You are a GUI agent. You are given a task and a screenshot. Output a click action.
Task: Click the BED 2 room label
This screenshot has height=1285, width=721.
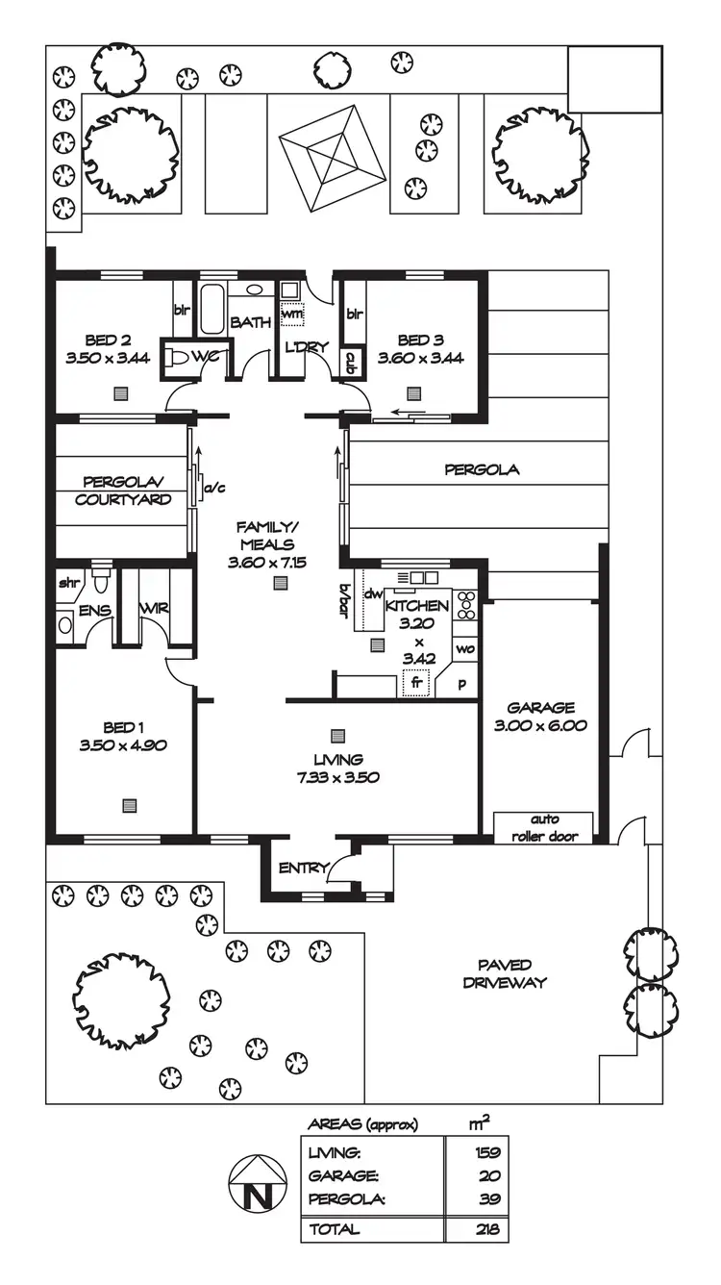pos(108,340)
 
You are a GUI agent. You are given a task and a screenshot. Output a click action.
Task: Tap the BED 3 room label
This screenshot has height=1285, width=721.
pos(421,340)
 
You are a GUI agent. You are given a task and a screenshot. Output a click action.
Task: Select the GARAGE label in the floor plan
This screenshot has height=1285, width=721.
pos(540,708)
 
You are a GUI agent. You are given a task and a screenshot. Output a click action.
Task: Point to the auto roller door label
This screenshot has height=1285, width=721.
pos(543,827)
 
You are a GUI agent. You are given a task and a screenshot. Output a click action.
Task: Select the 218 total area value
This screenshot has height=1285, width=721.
pos(488,1228)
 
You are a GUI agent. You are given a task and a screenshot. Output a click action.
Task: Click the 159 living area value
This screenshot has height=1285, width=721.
pos(488,1151)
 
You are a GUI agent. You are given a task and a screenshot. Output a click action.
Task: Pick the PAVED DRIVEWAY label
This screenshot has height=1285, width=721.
pos(505,973)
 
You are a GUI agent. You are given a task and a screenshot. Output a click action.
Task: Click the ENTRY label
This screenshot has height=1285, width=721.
pos(303,868)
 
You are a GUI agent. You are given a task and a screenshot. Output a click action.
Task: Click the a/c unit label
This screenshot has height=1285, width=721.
pos(212,488)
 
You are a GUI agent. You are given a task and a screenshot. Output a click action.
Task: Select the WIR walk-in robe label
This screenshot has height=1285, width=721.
pos(154,609)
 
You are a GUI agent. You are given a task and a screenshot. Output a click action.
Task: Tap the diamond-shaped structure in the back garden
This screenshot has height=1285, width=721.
pos(332,159)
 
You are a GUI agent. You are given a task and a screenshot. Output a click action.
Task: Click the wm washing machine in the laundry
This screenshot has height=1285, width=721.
pos(291,313)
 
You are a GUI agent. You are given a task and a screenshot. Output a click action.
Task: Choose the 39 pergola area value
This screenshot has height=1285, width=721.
pos(490,1198)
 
